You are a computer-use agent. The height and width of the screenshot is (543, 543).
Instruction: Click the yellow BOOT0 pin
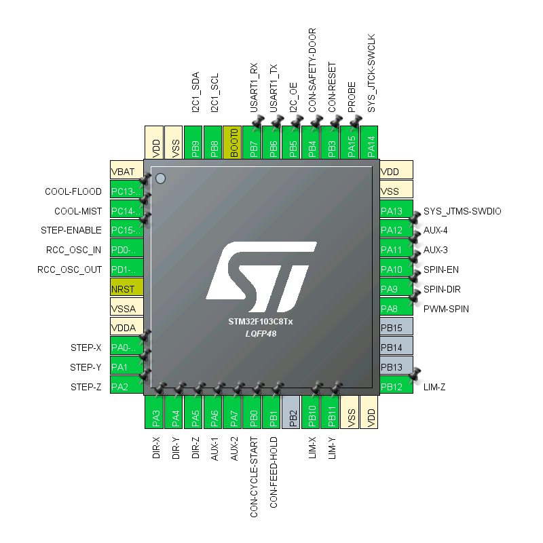234,143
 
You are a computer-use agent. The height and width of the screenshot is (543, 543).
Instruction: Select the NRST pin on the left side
127,288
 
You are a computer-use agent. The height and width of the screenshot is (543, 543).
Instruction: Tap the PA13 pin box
396,211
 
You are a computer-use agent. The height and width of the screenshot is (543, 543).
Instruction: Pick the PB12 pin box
396,387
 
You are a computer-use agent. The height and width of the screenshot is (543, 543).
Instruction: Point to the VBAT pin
127,172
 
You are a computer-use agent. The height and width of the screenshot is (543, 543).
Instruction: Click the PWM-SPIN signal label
446,309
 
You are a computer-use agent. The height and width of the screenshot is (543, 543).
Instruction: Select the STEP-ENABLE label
71,230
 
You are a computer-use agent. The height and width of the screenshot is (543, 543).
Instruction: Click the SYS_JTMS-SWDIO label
462,211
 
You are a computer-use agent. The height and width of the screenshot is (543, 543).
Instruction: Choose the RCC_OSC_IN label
69,250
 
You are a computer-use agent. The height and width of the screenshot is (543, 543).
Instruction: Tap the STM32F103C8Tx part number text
261,322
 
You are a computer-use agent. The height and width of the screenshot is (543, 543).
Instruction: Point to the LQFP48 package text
261,333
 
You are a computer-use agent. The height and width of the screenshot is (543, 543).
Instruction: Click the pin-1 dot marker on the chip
161,179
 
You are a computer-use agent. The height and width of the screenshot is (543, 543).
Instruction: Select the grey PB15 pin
396,329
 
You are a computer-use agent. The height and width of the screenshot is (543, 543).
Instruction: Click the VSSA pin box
127,308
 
